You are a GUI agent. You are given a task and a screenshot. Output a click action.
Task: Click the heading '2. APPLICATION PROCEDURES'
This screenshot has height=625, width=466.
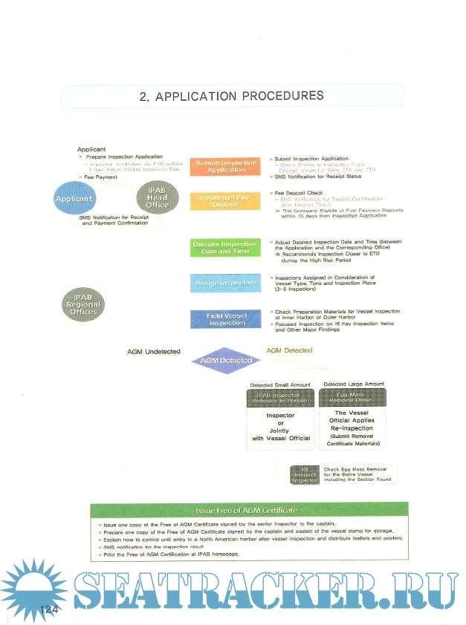pyautogui.click(x=231, y=96)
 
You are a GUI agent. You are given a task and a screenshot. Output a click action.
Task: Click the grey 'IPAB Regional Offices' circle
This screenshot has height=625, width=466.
pyautogui.click(x=83, y=305)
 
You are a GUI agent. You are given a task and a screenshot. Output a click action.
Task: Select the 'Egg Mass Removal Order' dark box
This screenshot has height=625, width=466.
pyautogui.click(x=352, y=398)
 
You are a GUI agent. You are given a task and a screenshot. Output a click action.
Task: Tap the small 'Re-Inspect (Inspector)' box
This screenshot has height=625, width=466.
pyautogui.click(x=304, y=474)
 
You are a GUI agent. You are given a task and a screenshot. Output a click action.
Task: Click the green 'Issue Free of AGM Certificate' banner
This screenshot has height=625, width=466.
pyautogui.click(x=246, y=511)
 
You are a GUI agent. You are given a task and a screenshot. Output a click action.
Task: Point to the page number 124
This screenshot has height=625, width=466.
pyautogui.click(x=49, y=609)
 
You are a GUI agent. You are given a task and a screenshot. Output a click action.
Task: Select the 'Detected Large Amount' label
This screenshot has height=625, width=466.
pyautogui.click(x=354, y=384)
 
